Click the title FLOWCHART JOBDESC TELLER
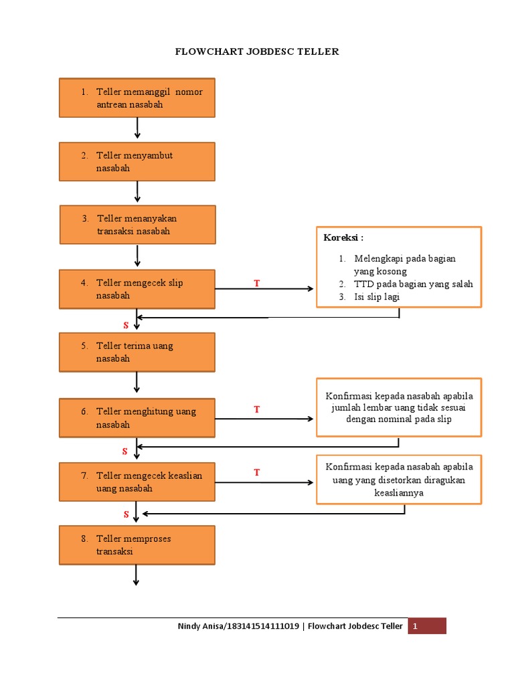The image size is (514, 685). (x=257, y=52)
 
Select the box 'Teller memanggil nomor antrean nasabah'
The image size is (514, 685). (x=137, y=98)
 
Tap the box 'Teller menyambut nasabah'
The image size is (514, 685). (x=137, y=161)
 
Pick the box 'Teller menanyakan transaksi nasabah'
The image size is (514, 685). (x=137, y=225)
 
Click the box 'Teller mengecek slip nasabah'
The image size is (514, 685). (x=137, y=289)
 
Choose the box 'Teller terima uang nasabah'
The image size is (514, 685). (x=137, y=352)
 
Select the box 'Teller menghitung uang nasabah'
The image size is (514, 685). (x=137, y=418)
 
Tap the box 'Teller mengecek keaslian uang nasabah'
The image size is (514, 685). (x=137, y=482)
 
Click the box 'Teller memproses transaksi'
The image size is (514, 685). (x=137, y=545)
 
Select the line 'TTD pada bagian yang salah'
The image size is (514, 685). (x=413, y=284)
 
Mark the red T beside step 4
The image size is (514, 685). (x=256, y=284)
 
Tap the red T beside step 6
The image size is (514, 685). (x=256, y=409)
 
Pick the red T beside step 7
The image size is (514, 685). (x=256, y=473)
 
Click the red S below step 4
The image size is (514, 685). (x=125, y=325)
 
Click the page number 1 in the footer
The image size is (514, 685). (x=415, y=627)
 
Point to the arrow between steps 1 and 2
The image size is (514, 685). (x=137, y=128)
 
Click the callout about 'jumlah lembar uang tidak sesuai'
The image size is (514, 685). (x=399, y=407)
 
